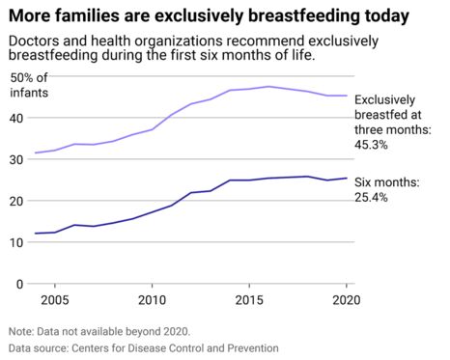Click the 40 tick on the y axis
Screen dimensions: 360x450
point(16,118)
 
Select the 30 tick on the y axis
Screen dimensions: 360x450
point(16,159)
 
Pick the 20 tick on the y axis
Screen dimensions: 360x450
point(16,201)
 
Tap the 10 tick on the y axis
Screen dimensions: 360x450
point(16,242)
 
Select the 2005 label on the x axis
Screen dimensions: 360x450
point(54,299)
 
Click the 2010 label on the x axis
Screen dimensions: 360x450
point(152,299)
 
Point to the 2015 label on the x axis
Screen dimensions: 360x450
point(249,299)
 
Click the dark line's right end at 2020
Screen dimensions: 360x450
point(347,178)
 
